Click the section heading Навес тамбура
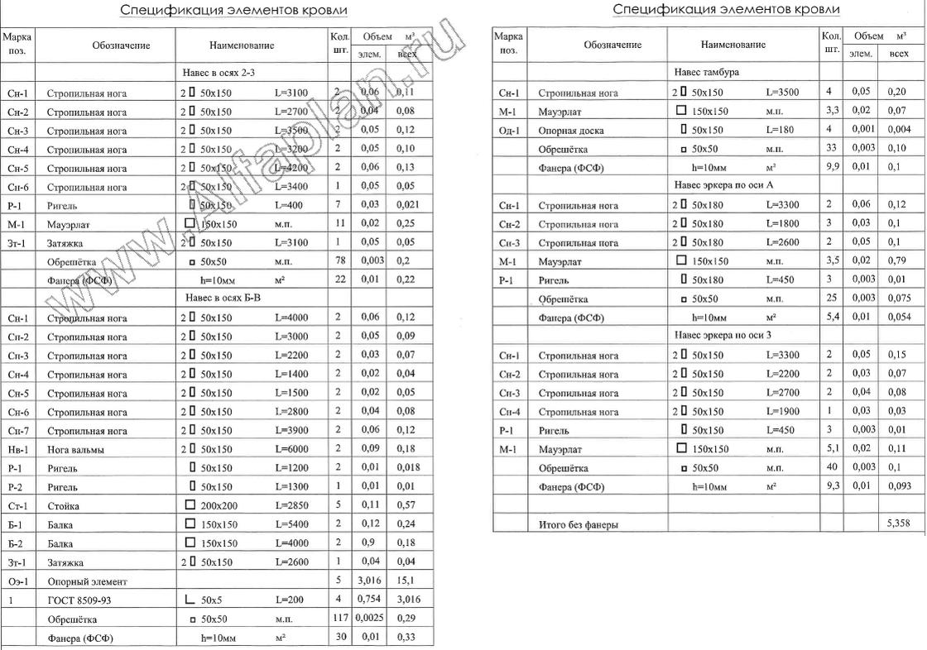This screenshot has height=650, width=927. tap(707, 72)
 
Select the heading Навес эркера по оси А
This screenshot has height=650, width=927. tap(724, 185)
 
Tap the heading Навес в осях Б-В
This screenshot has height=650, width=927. tap(222, 298)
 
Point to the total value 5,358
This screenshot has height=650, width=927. tap(898, 523)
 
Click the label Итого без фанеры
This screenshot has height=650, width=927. tap(579, 524)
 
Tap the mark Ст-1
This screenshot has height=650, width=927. tap(17, 505)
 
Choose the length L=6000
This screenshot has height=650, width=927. tap(291, 449)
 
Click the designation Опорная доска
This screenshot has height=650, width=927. tap(571, 131)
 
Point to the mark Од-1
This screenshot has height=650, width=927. tap(509, 131)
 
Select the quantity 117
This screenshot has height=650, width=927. tap(339, 619)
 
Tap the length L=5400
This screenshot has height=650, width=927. tap(291, 524)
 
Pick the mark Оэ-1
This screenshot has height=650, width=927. tap(17, 581)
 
